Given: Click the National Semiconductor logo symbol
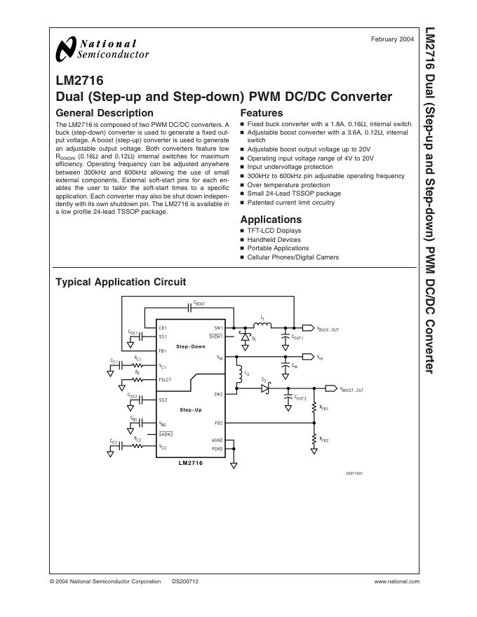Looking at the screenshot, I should tap(65, 49).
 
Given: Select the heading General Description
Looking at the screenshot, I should tap(104, 113).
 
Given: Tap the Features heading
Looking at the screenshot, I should tap(262, 113).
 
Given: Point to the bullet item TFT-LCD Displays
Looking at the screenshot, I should tap(274, 231).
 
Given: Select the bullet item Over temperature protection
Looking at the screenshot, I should tap(288, 185).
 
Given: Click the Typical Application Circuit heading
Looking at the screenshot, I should tap(121, 282).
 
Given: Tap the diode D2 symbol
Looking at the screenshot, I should tap(264, 387).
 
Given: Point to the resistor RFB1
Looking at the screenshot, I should tap(314, 408).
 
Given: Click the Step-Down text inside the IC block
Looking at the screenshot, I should tap(191, 346).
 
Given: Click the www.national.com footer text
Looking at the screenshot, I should tap(397, 581).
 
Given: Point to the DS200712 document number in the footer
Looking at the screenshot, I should tap(185, 581).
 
